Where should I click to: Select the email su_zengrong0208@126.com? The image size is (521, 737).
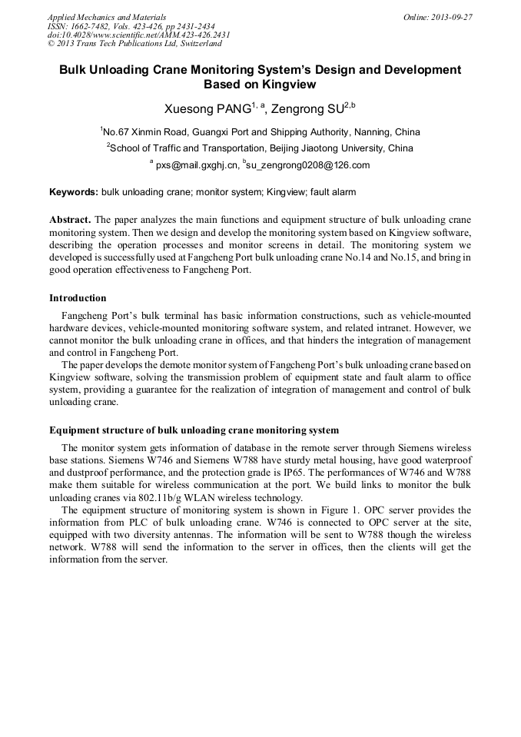tap(307, 165)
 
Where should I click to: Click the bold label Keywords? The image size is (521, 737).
tap(74, 192)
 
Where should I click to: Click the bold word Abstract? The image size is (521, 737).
tap(70, 220)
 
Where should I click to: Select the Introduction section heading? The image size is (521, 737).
tap(78, 298)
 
